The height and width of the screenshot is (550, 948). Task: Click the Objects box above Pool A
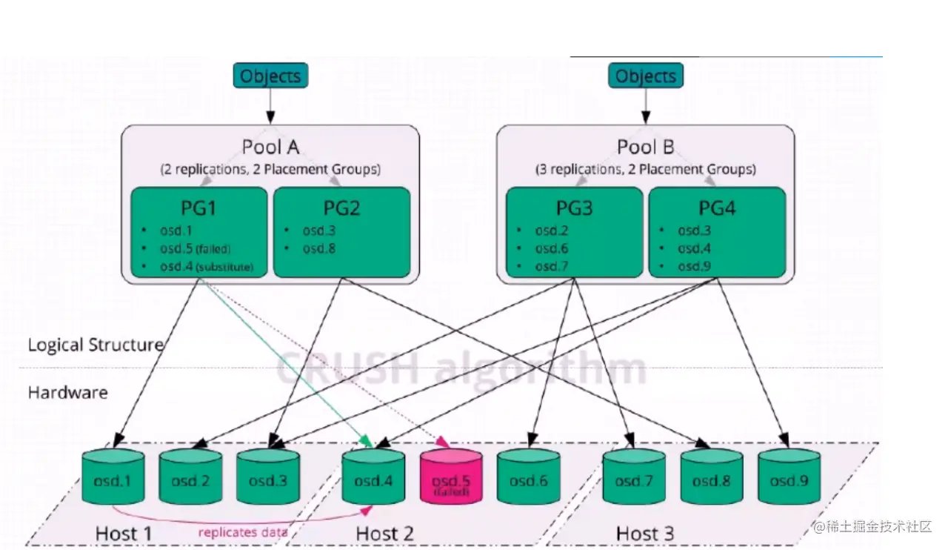(270, 76)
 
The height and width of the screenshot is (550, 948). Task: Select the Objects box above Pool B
(646, 76)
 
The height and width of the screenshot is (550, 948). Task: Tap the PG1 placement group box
(199, 232)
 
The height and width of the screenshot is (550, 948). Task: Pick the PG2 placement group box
(341, 232)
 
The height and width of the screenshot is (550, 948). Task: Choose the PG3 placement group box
(574, 232)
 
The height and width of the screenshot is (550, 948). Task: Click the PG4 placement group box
(717, 232)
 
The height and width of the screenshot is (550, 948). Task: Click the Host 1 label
(124, 533)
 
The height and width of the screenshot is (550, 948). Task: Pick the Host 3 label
(644, 533)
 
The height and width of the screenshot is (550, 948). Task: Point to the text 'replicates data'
(242, 532)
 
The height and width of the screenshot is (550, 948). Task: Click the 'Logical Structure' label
(96, 345)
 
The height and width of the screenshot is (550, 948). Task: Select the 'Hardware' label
(67, 392)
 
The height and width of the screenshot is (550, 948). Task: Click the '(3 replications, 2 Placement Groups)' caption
(646, 170)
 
